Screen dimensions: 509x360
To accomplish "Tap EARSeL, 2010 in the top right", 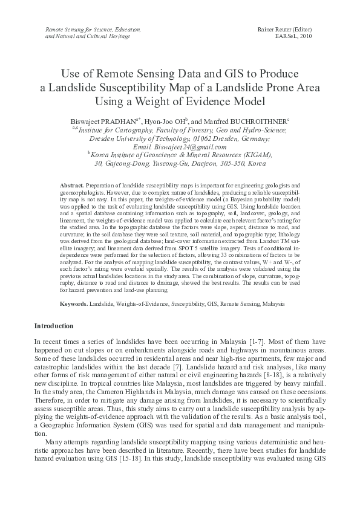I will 293,36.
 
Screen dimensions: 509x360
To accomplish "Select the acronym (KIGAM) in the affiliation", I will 255,155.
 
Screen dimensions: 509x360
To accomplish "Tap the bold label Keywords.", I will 74,302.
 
